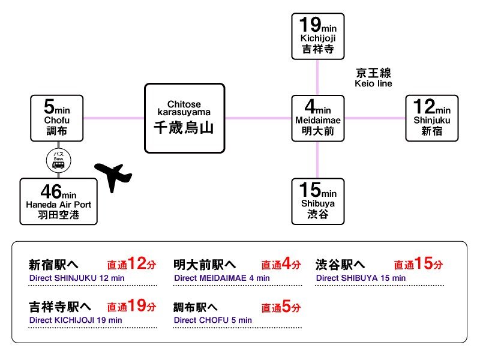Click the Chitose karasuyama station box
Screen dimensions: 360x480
185,118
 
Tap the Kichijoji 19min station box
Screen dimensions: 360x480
318,36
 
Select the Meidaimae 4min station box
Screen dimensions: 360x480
318,118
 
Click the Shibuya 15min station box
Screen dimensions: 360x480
318,201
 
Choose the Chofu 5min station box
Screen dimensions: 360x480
58,118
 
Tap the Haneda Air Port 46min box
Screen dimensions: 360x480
58,201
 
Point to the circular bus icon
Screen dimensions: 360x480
58,161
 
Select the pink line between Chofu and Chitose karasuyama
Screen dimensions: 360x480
113,118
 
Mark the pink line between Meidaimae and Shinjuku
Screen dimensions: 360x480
374,118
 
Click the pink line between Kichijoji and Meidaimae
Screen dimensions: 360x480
318,77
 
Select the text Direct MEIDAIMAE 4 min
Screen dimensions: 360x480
221,278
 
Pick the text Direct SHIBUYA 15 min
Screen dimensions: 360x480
361,278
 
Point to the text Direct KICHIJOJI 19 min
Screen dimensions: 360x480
76,320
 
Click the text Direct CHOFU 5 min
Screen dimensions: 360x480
212,320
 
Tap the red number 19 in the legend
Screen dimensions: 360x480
136,306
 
